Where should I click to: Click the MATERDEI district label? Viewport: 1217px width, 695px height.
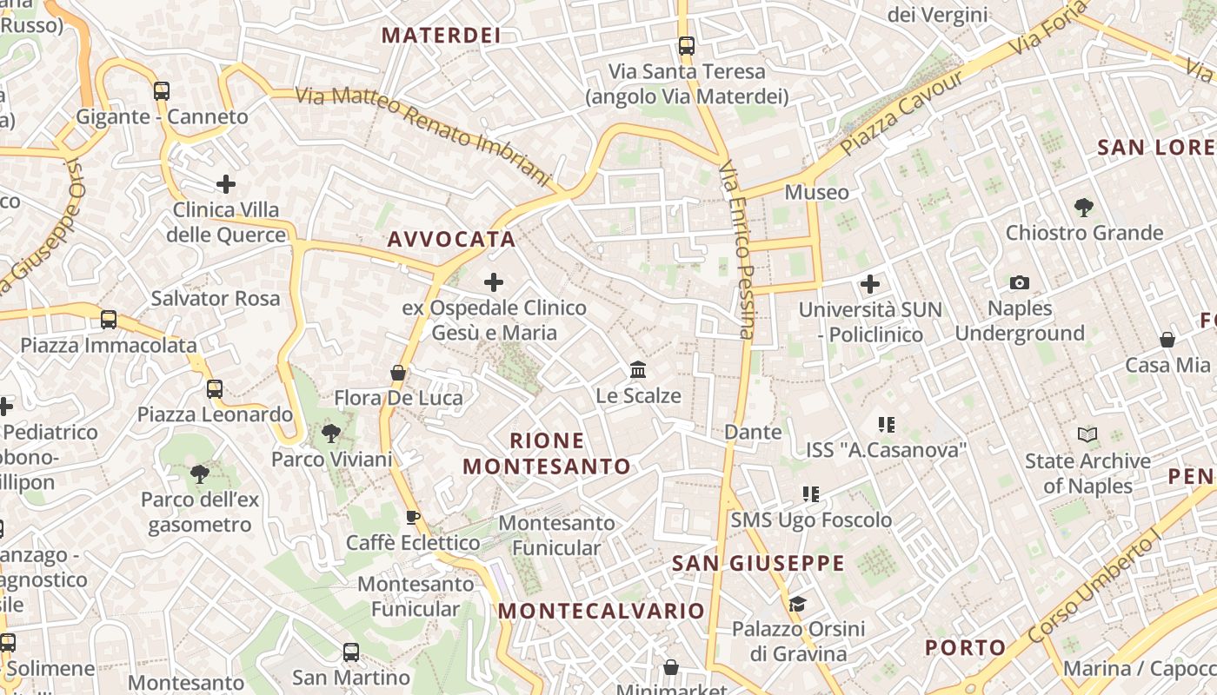pos(442,35)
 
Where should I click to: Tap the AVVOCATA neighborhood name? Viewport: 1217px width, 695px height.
pos(452,240)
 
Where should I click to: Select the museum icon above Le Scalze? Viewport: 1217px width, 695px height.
pos(638,370)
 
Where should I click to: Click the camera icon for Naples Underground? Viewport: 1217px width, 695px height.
pos(1020,282)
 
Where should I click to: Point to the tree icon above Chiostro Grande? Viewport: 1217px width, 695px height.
pos(1083,207)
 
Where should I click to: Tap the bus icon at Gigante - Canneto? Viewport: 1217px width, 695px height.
pos(161,90)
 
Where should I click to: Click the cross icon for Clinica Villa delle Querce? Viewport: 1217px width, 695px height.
pos(226,184)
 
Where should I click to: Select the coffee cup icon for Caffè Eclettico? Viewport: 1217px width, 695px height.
pos(413,518)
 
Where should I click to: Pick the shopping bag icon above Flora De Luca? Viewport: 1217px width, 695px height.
pos(398,373)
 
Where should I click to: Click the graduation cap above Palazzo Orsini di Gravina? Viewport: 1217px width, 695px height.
pos(797,604)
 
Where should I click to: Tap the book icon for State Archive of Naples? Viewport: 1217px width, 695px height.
pos(1087,434)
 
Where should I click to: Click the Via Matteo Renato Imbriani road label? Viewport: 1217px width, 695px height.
pos(424,136)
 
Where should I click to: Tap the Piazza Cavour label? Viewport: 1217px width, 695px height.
pos(903,113)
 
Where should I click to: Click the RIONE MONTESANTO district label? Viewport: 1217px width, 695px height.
pos(547,453)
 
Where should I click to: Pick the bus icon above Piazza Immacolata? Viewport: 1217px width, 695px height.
pos(109,319)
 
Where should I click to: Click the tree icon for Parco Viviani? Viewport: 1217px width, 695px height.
pos(330,433)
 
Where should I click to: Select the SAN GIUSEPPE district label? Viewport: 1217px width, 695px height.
pos(759,564)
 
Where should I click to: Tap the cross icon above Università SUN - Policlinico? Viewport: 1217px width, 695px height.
pos(869,284)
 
